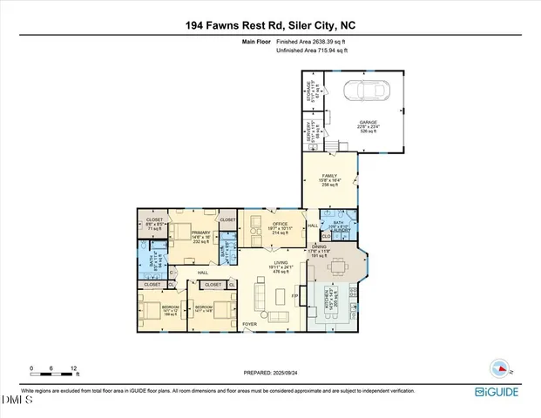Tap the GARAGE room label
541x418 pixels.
pos(369,123)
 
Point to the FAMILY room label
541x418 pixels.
pos(329,177)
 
